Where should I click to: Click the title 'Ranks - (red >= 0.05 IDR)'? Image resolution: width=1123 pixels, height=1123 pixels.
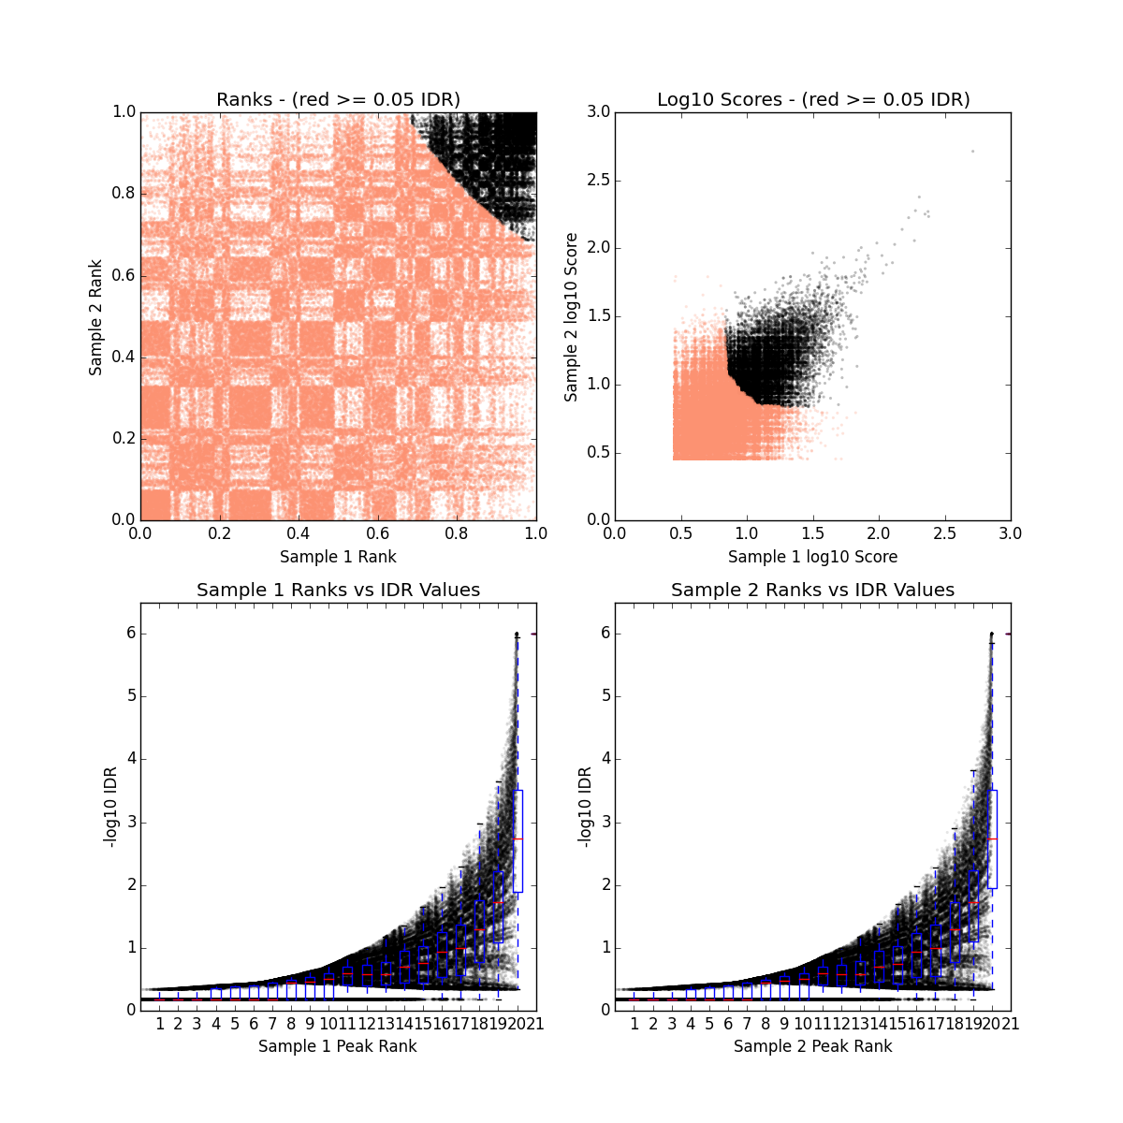point(338,99)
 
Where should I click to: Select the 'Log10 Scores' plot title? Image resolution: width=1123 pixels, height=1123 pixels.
point(812,99)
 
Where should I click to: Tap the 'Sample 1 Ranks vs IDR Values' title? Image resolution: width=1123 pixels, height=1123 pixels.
point(338,590)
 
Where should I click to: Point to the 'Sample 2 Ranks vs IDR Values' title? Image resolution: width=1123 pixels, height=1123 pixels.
point(812,590)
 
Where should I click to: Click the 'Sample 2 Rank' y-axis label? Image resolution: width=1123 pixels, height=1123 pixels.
point(95,316)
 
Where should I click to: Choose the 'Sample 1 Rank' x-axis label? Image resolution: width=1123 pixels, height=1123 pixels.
point(338,557)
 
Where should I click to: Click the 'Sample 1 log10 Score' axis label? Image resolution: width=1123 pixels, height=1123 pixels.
point(812,557)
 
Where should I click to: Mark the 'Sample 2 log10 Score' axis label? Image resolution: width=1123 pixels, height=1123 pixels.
point(571,316)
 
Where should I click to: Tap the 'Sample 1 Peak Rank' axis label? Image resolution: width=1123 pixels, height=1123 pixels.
point(338,1046)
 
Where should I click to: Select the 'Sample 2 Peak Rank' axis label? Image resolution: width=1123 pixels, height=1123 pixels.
point(812,1046)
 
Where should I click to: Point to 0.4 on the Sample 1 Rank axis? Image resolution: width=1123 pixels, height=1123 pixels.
point(299,533)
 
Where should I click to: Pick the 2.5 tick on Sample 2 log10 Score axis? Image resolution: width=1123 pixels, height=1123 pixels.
point(599,181)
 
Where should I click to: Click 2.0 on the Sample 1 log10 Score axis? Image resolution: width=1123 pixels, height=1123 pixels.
point(879,533)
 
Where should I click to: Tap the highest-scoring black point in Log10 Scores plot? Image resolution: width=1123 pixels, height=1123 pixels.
point(972,151)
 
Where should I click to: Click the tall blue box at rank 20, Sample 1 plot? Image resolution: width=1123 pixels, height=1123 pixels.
point(518,840)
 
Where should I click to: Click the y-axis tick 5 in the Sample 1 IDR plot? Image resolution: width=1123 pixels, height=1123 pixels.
point(131,696)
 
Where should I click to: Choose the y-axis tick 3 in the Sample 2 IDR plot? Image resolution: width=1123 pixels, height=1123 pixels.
point(605,822)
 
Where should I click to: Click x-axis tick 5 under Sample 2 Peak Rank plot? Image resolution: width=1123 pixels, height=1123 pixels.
point(709,1024)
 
